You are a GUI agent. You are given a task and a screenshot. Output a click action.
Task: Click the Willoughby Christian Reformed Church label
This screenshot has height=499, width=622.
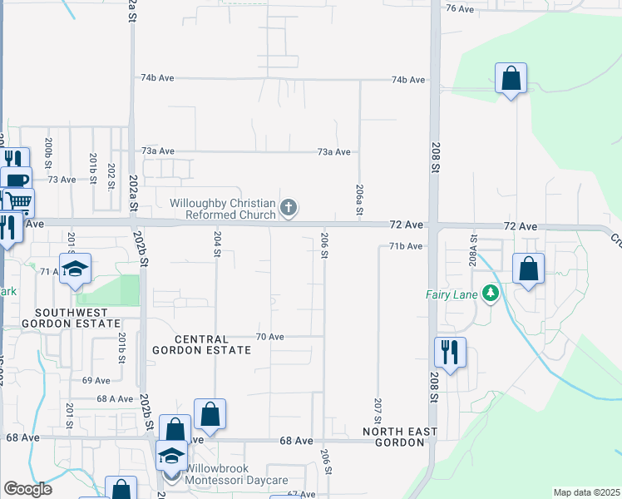pyautogui.click(x=223, y=209)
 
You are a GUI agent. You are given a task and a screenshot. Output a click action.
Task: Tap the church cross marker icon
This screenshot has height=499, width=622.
pyautogui.click(x=289, y=208)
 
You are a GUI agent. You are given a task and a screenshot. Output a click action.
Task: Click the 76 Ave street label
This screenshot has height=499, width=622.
pyautogui.click(x=459, y=8)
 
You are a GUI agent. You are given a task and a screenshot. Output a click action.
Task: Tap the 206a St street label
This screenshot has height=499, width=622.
pyautogui.click(x=359, y=200)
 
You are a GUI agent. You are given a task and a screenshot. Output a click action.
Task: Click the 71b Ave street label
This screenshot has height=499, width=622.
pyautogui.click(x=407, y=247)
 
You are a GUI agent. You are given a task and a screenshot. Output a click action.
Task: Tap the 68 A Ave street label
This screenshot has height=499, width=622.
pyautogui.click(x=115, y=399)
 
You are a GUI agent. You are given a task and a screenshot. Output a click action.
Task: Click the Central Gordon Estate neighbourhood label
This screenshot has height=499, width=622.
pyautogui.click(x=201, y=344)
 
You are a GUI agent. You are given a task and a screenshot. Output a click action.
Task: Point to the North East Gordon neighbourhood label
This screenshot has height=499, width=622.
pyautogui.click(x=394, y=437)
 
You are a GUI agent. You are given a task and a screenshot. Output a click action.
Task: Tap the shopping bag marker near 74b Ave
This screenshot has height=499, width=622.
pyautogui.click(x=511, y=80)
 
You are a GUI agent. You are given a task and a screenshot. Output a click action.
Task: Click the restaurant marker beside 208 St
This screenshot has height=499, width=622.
pyautogui.click(x=450, y=353)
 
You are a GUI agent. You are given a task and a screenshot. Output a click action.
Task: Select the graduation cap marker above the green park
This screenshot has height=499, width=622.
pyautogui.click(x=75, y=269)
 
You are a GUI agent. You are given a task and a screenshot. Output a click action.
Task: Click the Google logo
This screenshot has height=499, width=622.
pyautogui.click(x=27, y=489)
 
